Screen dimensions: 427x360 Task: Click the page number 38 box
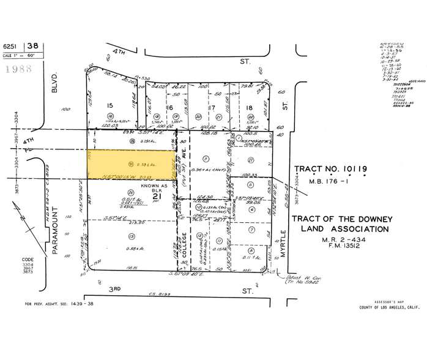click(33, 45)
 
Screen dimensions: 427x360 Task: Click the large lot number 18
click(249, 108)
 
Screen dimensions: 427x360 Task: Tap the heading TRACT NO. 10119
click(339, 168)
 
